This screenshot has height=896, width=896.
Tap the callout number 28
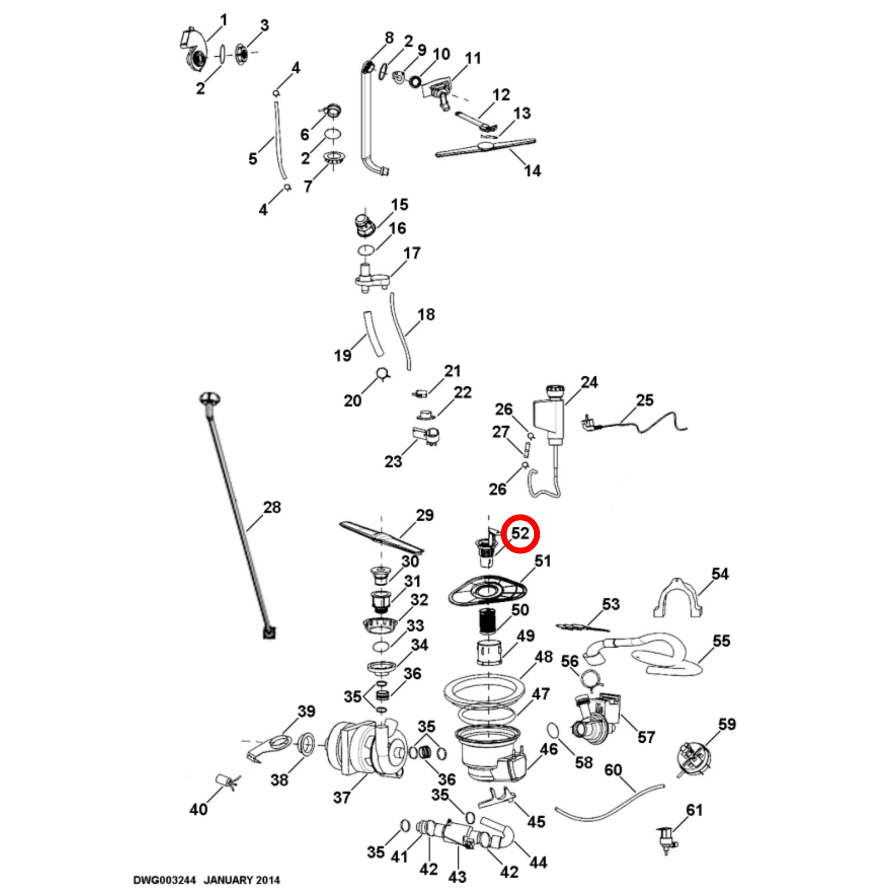click(272, 507)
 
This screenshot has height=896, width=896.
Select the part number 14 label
click(532, 171)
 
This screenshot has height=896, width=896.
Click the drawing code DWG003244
click(165, 880)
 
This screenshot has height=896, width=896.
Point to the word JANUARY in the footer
click(226, 880)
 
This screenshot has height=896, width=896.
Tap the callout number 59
click(727, 724)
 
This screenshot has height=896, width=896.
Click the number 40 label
click(198, 809)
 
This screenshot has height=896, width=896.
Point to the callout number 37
click(342, 797)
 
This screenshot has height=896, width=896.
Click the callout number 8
click(389, 38)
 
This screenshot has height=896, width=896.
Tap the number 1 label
click(223, 20)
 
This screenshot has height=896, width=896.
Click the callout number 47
click(541, 694)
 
